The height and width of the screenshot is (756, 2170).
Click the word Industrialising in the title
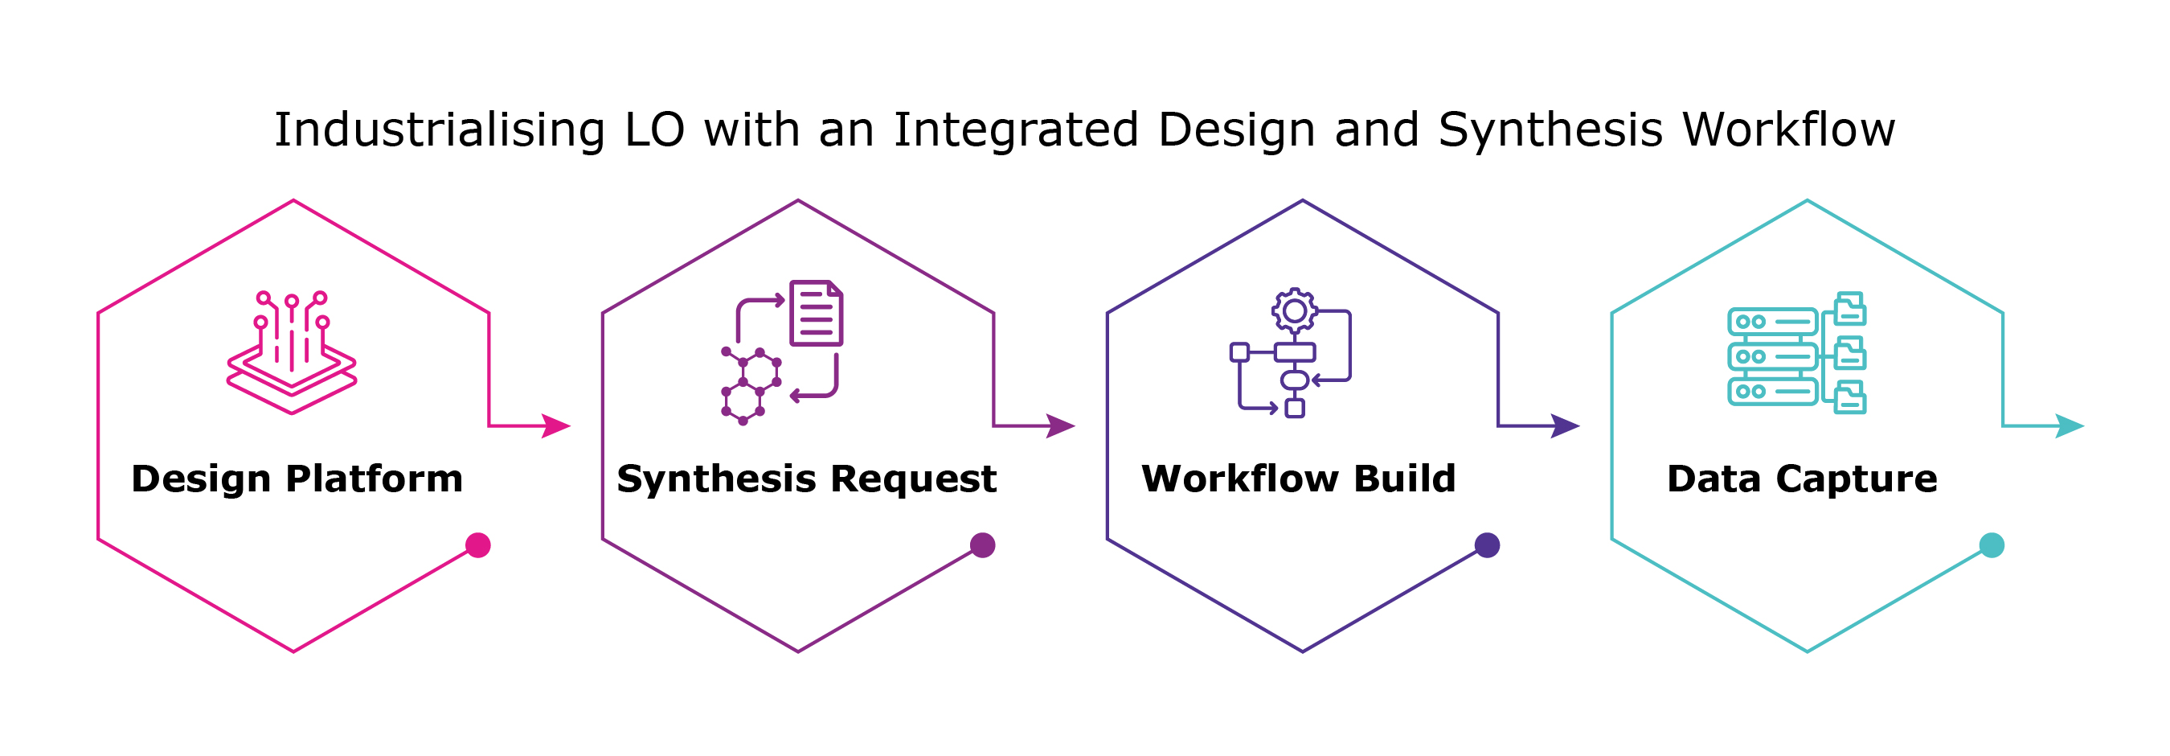coord(439,129)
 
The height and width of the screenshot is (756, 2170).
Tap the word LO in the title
coord(653,129)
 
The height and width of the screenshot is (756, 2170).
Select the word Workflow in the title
coord(1788,129)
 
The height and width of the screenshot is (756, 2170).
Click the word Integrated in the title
coord(1015,129)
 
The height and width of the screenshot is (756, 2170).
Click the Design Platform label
coord(297,479)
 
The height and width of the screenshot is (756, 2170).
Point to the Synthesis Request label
coord(806,479)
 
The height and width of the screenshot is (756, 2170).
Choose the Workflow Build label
coord(1298,479)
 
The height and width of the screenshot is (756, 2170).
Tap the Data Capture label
coord(1802,479)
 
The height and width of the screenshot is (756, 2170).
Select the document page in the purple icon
coord(816,314)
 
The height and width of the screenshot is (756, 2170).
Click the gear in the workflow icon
coord(1295,311)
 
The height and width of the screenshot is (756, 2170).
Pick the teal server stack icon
coord(1772,356)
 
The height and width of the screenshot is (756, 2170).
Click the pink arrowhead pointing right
coord(556,425)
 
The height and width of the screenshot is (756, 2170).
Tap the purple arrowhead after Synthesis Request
coord(1061,425)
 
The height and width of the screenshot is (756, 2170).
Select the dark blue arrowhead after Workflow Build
coord(1564,425)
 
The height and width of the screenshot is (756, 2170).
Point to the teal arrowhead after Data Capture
coord(2069,425)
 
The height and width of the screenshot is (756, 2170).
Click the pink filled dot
coord(477,545)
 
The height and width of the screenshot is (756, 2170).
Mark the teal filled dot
coord(1992,545)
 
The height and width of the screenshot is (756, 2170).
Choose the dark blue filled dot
coord(1487,545)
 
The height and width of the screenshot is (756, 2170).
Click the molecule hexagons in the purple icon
coord(750,386)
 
